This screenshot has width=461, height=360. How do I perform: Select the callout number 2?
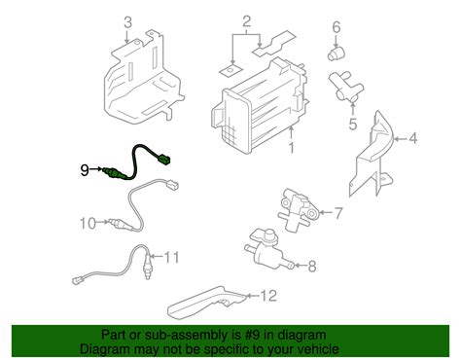pyautogui.click(x=247, y=20)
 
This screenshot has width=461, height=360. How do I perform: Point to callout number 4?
pyautogui.click(x=412, y=139)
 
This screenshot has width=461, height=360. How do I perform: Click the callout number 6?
pyautogui.click(x=336, y=26)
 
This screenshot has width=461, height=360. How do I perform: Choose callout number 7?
pyautogui.click(x=337, y=213)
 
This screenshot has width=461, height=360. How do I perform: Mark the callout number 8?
pyautogui.click(x=312, y=265)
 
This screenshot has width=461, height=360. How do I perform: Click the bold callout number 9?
pyautogui.click(x=85, y=170)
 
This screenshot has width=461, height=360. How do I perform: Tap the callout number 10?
pyautogui.click(x=86, y=224)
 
